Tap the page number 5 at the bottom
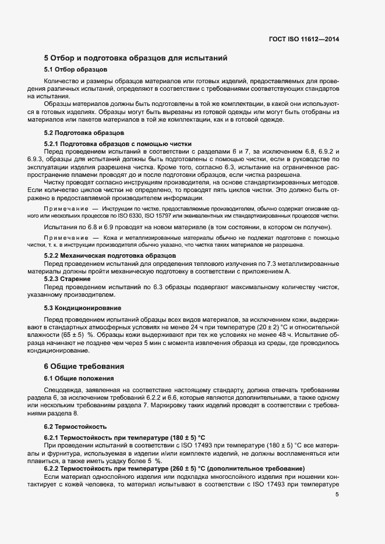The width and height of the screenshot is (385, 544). tap(337, 495)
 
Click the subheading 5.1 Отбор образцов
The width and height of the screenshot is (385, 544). tap(73, 70)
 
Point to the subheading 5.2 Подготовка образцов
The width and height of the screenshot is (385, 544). tap(82, 133)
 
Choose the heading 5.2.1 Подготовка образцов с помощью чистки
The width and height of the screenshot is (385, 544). tap(118, 143)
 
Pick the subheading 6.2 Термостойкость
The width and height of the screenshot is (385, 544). tap(76, 426)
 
